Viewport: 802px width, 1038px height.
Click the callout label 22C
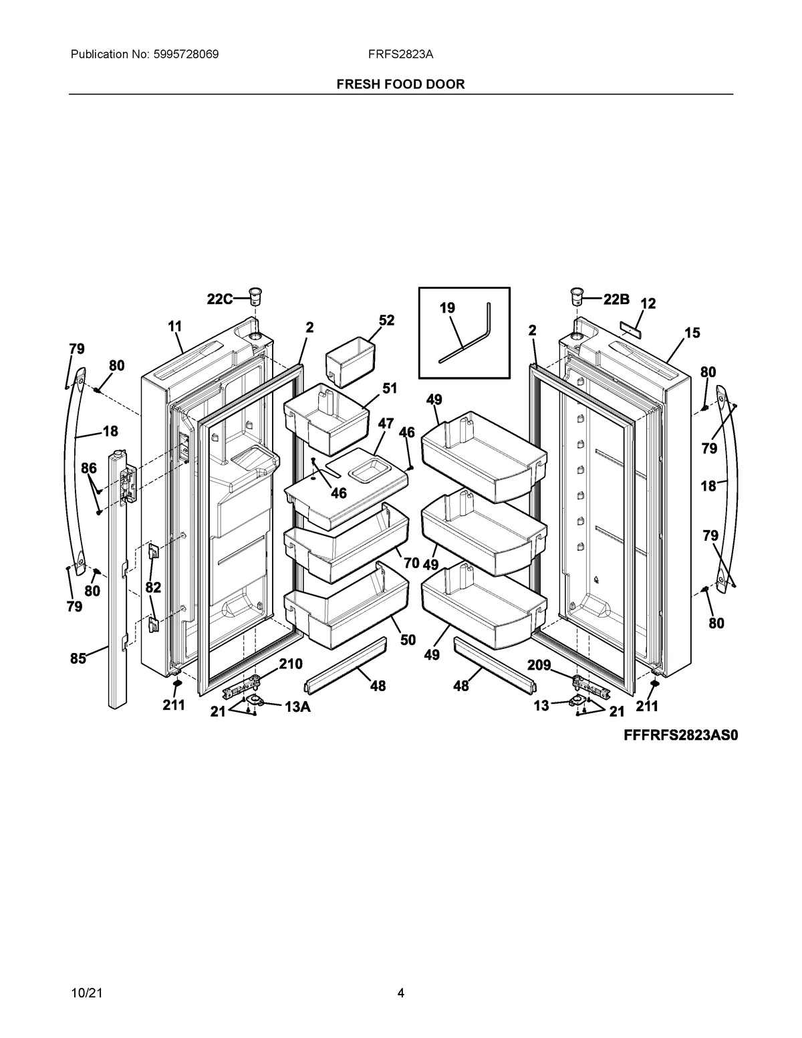(x=219, y=299)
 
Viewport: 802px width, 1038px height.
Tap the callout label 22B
(x=616, y=299)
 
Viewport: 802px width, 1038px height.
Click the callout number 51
(x=390, y=388)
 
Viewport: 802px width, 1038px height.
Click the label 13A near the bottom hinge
(x=297, y=708)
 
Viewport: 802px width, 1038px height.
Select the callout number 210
(x=291, y=664)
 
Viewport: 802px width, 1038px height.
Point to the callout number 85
(x=78, y=658)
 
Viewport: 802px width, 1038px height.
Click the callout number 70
(x=411, y=563)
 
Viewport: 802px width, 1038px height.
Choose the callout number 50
(x=408, y=640)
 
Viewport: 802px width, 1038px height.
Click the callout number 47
(x=386, y=424)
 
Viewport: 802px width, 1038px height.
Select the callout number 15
(x=692, y=332)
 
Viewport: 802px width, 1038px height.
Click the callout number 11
(x=174, y=326)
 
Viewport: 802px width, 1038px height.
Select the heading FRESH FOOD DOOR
(x=400, y=84)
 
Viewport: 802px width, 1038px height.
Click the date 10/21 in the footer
(x=82, y=993)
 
